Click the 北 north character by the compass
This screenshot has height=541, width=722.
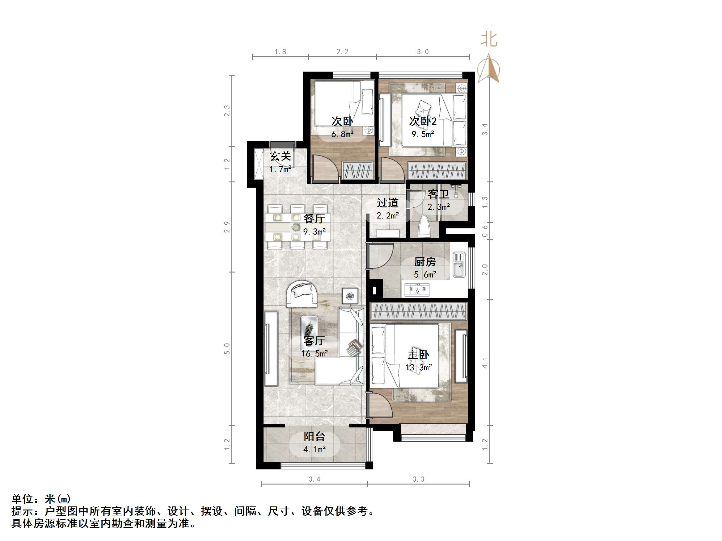pyautogui.click(x=489, y=40)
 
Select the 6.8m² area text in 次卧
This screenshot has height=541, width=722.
pyautogui.click(x=342, y=134)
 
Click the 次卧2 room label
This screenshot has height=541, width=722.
pyautogui.click(x=423, y=121)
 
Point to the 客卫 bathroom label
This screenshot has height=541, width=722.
pyautogui.click(x=438, y=194)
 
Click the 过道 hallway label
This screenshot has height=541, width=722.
pyautogui.click(x=388, y=203)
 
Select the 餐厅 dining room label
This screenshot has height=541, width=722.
pyautogui.click(x=314, y=218)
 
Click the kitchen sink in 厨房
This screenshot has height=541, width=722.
pyautogui.click(x=459, y=265)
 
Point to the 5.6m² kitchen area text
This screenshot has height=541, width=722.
pyautogui.click(x=425, y=275)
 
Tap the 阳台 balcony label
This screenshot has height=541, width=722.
pyautogui.click(x=314, y=436)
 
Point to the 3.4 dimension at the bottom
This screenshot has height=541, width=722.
pyautogui.click(x=314, y=479)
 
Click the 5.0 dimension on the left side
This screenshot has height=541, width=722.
pyautogui.click(x=227, y=349)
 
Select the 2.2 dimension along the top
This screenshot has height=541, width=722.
pyautogui.click(x=342, y=52)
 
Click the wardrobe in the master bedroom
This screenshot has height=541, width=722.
pyautogui.click(x=419, y=311)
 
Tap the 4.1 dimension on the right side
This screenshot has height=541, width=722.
pyautogui.click(x=485, y=363)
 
